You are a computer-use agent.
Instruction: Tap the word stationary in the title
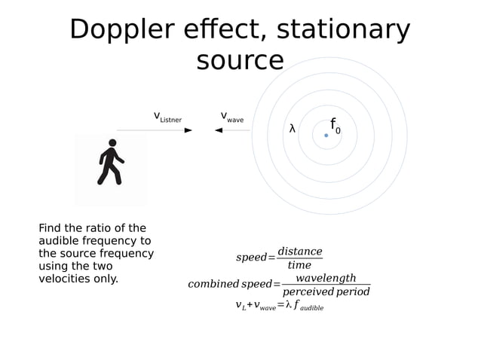click(x=344, y=30)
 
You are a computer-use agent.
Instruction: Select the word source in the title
click(x=240, y=60)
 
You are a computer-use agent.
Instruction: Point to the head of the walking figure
click(x=112, y=143)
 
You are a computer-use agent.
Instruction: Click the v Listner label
click(x=167, y=117)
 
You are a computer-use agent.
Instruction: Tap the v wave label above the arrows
click(x=231, y=117)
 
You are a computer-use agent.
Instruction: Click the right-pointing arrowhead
click(x=188, y=130)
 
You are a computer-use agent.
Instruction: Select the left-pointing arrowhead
click(x=219, y=130)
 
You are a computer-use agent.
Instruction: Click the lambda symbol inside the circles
click(x=293, y=129)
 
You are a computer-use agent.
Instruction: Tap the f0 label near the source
click(x=335, y=126)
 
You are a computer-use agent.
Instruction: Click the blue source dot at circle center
click(x=326, y=136)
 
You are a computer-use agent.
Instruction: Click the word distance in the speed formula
click(x=299, y=251)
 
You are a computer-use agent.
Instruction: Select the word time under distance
click(x=299, y=265)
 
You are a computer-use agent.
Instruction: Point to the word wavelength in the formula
click(x=325, y=278)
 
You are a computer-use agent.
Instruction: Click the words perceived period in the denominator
click(x=326, y=292)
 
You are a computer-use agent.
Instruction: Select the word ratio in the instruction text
click(x=105, y=228)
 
